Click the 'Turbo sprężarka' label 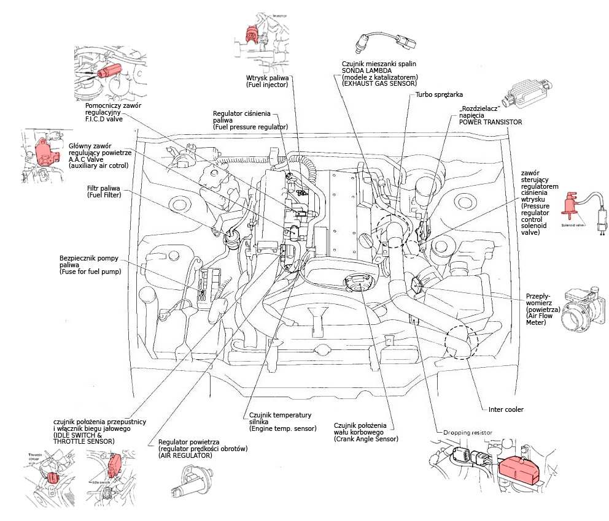(440, 95)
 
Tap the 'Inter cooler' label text (506, 409)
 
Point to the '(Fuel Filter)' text (104, 195)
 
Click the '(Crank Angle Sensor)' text (365, 439)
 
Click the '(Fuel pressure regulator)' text (250, 127)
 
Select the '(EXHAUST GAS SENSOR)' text (379, 83)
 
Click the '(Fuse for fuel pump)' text (90, 271)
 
